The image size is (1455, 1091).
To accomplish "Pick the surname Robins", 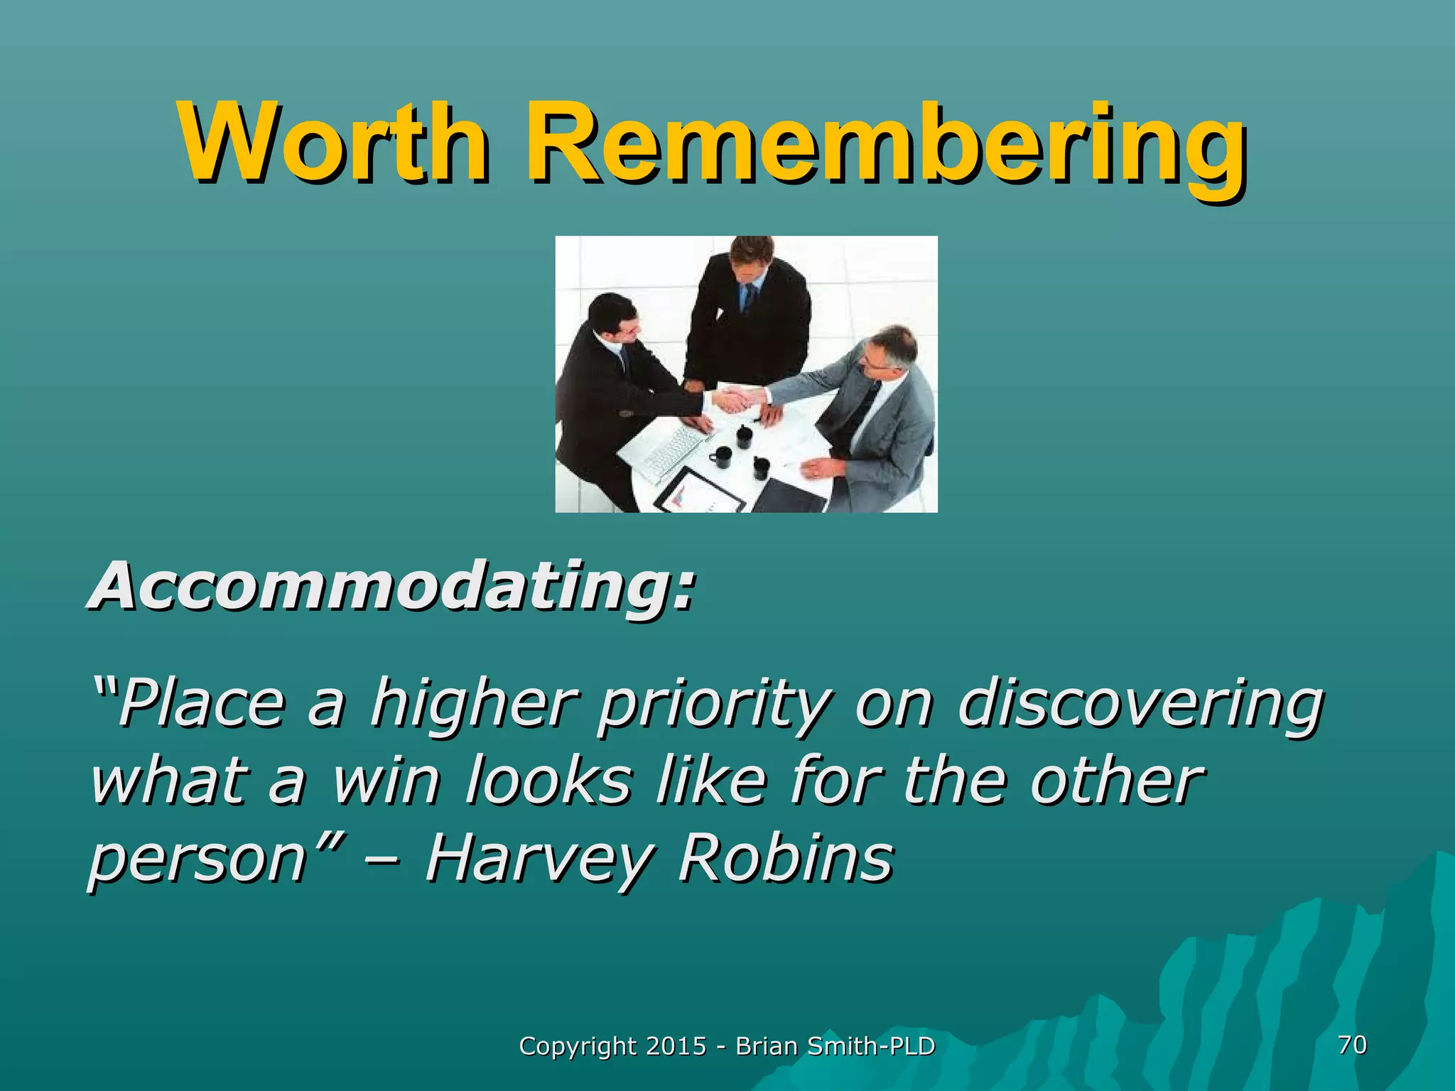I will pos(785,857).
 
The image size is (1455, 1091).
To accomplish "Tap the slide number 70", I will pos(1351,1045).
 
